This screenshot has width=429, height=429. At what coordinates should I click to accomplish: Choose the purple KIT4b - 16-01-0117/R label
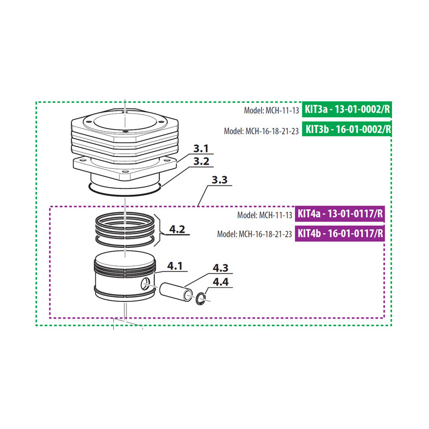point(341,234)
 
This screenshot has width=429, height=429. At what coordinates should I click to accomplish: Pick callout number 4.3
point(220,268)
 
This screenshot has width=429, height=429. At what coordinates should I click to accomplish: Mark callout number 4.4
point(220,282)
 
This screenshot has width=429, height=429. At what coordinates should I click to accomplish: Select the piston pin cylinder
point(176,291)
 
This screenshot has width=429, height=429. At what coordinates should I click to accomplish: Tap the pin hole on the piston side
point(146,284)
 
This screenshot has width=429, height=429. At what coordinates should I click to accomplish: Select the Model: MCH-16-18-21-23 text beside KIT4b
point(255,234)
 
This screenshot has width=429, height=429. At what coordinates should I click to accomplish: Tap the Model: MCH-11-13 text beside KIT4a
point(264,215)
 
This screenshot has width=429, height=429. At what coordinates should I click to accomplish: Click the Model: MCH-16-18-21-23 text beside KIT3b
point(261,130)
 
